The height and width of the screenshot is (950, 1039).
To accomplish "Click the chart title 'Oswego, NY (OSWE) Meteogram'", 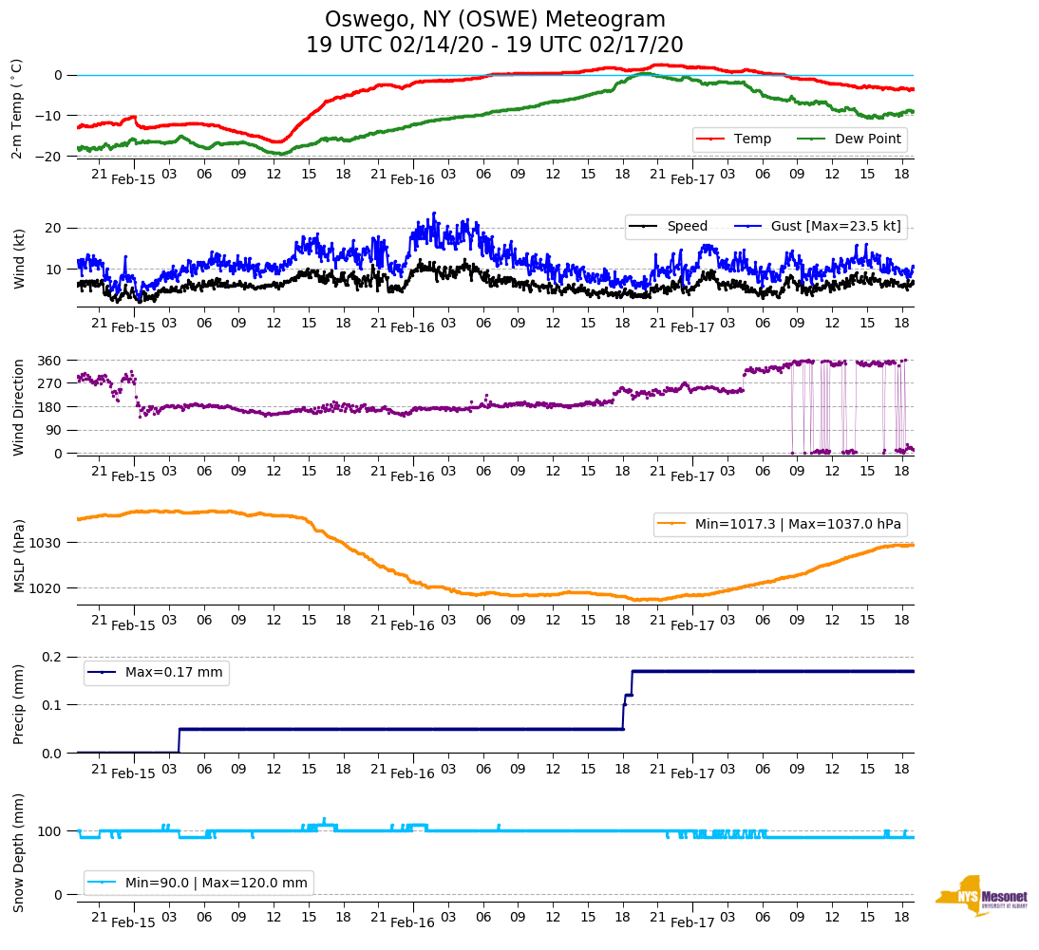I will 495,20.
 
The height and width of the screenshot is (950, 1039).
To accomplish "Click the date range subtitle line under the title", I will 495,46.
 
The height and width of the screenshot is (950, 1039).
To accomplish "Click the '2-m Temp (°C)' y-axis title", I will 16,108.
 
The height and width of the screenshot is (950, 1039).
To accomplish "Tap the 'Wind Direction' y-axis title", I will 19,406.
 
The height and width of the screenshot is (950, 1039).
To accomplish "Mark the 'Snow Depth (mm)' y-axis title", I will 19,852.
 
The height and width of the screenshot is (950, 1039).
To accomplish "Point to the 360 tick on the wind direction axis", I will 49,361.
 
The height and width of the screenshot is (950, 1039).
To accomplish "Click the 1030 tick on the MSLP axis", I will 47,543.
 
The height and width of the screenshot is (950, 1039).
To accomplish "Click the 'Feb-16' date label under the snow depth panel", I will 412,922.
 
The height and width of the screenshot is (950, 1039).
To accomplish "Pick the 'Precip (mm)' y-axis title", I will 19,703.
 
